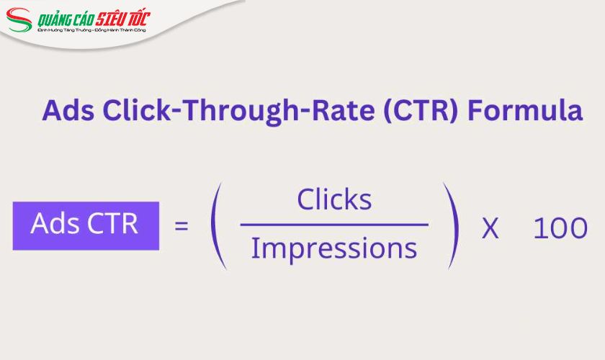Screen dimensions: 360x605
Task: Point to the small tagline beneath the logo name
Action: (x=91, y=30)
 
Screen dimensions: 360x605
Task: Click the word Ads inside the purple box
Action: (x=54, y=224)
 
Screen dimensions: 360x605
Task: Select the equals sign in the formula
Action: (x=182, y=226)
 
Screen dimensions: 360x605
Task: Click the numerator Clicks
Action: (x=334, y=199)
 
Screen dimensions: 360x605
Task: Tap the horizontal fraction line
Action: (x=334, y=225)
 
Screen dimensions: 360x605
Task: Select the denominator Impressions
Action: (x=334, y=249)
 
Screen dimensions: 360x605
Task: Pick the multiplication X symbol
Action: (x=490, y=228)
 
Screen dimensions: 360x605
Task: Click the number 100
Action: (x=560, y=228)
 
